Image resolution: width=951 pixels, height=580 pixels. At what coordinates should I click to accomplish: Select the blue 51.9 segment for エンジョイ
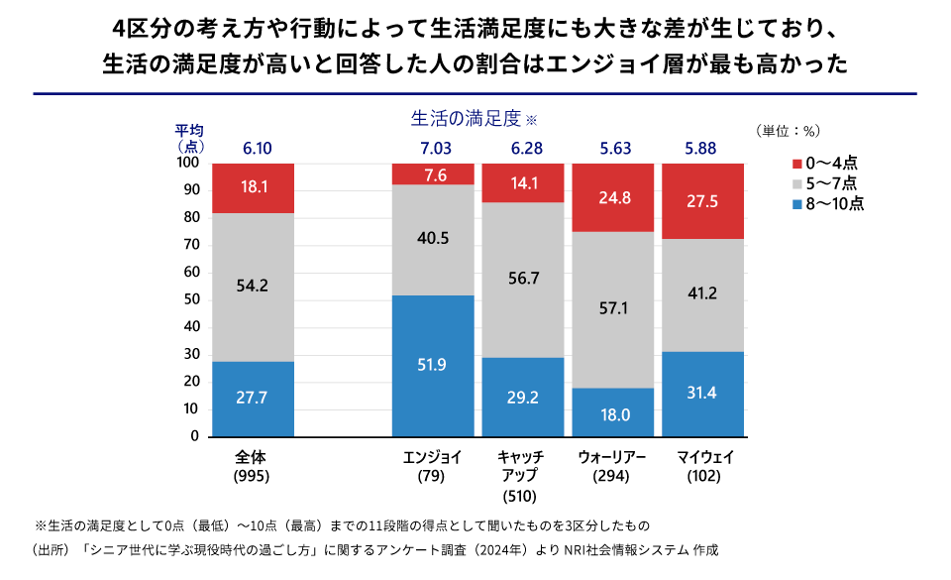(x=433, y=366)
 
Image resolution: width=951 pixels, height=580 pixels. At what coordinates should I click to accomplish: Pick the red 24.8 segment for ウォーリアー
(x=613, y=197)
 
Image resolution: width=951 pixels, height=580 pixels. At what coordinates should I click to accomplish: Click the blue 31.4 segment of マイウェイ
(x=702, y=394)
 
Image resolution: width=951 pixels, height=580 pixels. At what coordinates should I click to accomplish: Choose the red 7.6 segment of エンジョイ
(x=433, y=174)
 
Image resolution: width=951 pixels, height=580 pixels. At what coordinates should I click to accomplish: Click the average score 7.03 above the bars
(x=434, y=149)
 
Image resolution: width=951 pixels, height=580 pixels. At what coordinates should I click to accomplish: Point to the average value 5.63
(x=614, y=149)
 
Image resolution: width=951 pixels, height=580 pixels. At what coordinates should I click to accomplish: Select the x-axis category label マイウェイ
(x=703, y=457)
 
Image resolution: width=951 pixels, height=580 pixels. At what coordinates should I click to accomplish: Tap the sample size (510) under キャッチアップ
(x=522, y=496)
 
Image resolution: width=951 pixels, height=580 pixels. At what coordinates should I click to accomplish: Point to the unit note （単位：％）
(x=788, y=130)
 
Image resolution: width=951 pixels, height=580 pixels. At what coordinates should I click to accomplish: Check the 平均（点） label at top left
(x=189, y=138)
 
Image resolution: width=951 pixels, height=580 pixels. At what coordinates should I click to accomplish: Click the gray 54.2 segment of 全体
(x=253, y=287)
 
